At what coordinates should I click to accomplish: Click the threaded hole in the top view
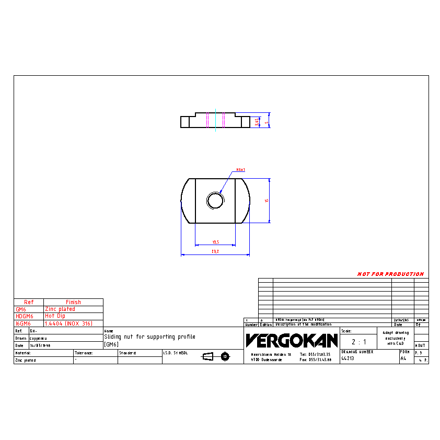(215, 200)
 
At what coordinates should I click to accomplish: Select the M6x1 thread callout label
(241, 170)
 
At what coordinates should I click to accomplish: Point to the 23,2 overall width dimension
(215, 251)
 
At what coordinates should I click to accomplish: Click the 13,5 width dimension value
(215, 242)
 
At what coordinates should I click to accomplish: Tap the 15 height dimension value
(267, 201)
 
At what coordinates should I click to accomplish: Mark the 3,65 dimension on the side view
(257, 122)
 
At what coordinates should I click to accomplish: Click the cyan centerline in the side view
(215, 120)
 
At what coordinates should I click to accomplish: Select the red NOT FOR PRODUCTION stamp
(390, 274)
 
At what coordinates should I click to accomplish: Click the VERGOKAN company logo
(291, 341)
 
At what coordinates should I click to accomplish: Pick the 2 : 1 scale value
(358, 342)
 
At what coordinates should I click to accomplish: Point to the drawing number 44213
(348, 359)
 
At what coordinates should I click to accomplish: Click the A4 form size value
(403, 359)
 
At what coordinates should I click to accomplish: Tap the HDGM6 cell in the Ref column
(25, 316)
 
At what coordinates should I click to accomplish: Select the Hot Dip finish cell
(55, 316)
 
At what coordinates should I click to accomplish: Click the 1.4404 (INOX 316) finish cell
(68, 323)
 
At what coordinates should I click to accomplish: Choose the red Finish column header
(73, 302)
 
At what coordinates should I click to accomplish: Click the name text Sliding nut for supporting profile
(149, 337)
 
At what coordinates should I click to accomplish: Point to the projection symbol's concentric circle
(225, 356)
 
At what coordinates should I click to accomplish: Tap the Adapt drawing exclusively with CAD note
(395, 338)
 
